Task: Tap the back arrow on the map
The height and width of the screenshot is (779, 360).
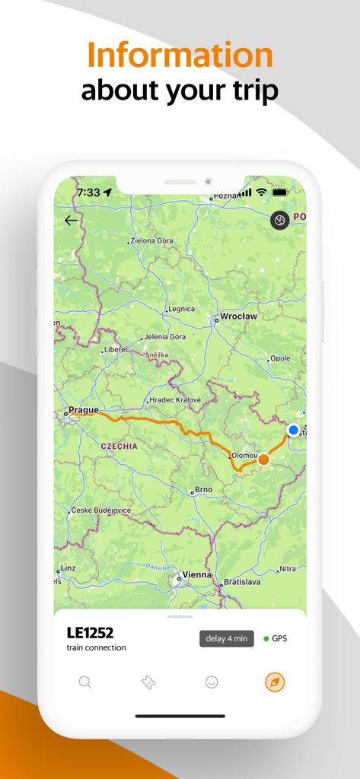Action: pos(71,221)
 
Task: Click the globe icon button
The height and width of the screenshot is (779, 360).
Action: pos(279,221)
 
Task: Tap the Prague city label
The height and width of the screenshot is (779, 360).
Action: pos(83,410)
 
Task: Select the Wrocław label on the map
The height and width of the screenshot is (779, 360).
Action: pos(237,316)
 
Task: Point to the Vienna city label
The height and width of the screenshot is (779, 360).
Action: pos(196,575)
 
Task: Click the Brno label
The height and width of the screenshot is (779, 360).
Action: pos(204,490)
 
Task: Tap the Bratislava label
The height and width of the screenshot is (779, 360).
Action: pos(242,582)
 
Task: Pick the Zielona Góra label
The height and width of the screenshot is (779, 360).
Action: pos(152,240)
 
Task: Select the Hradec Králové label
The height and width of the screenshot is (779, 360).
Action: pos(175,400)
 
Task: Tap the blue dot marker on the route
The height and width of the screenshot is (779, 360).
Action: pos(294,431)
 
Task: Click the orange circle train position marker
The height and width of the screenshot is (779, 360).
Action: pos(263,459)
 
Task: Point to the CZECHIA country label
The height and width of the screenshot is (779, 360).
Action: pos(119,447)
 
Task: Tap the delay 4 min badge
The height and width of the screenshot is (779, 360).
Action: pos(227,638)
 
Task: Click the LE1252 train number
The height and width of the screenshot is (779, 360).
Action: pos(90,633)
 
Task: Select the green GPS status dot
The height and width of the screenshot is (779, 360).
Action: pos(266,638)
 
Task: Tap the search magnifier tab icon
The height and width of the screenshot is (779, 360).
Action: pos(85,682)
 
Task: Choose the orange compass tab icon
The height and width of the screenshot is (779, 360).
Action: pos(275,682)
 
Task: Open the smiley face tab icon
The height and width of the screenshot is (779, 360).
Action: pos(212,682)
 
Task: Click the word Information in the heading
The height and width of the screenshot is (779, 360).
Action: pos(180,56)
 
